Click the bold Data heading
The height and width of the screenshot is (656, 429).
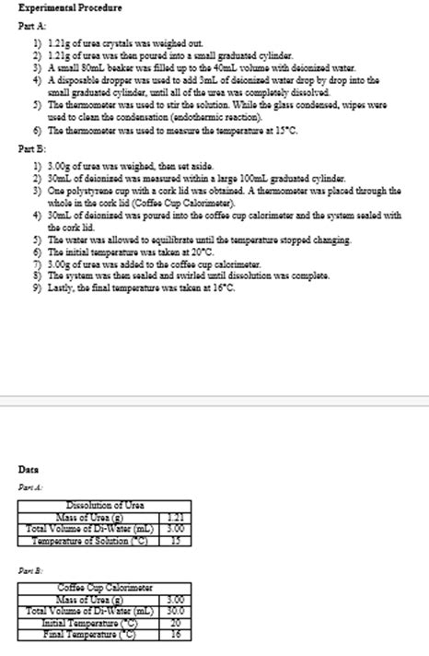pos(29,469)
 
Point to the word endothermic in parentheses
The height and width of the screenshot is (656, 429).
pos(222,120)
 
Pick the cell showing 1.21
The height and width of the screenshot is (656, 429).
pos(175,517)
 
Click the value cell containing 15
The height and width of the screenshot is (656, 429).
pos(175,541)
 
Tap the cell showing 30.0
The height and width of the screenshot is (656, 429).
pos(175,611)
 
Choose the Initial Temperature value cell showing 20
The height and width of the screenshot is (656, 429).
pos(175,623)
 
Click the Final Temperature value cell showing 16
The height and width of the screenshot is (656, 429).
pos(175,634)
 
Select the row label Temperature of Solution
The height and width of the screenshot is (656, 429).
pos(90,541)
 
